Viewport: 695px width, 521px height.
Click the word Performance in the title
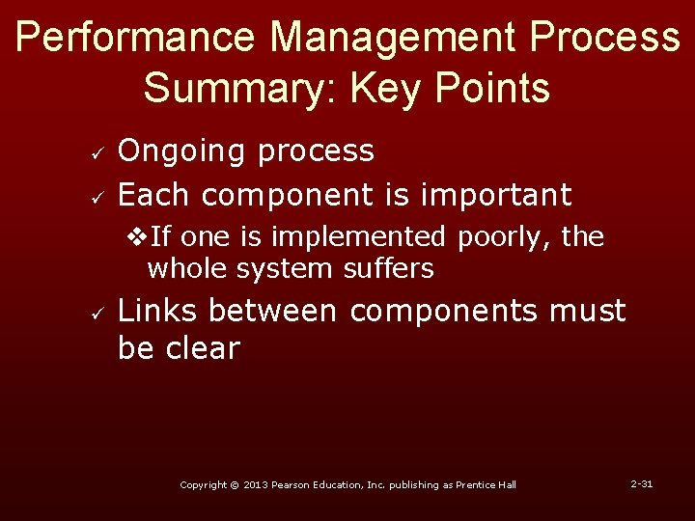[136, 38]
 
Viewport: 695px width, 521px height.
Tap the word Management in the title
[393, 38]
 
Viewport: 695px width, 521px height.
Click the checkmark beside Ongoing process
[83, 152]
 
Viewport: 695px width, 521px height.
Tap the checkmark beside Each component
[83, 197]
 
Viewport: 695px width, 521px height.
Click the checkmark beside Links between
[83, 314]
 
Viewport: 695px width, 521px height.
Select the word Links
[158, 312]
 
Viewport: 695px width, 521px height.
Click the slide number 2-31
[641, 483]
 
